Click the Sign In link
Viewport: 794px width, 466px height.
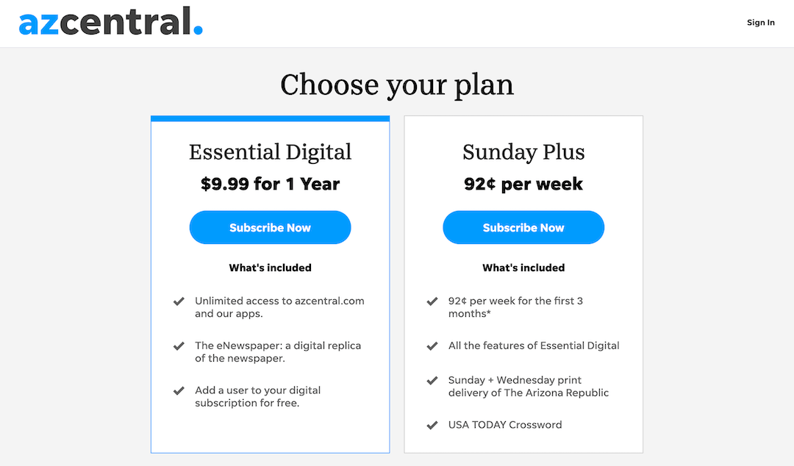(761, 22)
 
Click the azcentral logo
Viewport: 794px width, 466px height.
(110, 21)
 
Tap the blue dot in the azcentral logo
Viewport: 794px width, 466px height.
(198, 30)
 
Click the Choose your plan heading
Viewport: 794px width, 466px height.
(397, 84)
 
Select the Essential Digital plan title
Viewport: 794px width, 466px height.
(270, 152)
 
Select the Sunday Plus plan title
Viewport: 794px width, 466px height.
(523, 152)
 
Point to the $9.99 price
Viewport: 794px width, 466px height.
(225, 184)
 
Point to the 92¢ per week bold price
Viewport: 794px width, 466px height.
(523, 184)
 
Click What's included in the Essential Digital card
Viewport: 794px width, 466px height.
(270, 268)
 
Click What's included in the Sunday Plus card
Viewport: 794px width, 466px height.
(523, 268)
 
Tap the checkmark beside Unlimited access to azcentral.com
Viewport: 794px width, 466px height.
(179, 301)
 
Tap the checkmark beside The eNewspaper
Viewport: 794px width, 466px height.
(179, 346)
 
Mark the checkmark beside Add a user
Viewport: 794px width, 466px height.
(179, 390)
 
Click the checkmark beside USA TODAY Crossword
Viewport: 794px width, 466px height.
(432, 425)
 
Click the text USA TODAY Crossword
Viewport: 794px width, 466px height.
(505, 424)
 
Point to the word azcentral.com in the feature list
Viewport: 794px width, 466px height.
(329, 301)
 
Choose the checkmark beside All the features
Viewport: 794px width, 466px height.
(432, 346)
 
